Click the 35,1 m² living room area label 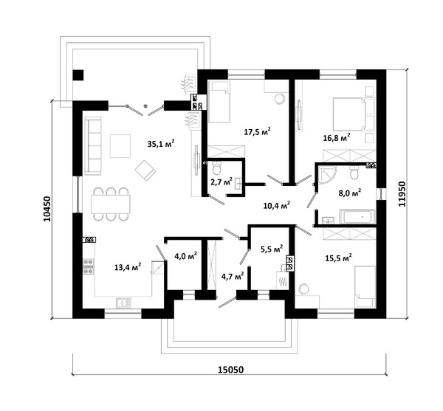161,143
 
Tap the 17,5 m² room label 258,131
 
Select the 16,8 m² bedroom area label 337,138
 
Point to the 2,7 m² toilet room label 221,182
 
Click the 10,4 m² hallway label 277,205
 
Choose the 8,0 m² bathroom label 350,193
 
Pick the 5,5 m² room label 272,249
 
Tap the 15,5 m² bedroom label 338,258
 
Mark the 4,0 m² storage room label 185,256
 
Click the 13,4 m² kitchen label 128,267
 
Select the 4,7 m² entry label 233,277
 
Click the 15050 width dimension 230,370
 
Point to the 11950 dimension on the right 402,194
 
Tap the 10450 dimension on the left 47,209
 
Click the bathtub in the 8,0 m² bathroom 357,217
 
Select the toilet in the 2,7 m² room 217,167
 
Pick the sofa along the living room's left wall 93,146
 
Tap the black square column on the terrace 78,75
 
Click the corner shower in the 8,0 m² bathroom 327,174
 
